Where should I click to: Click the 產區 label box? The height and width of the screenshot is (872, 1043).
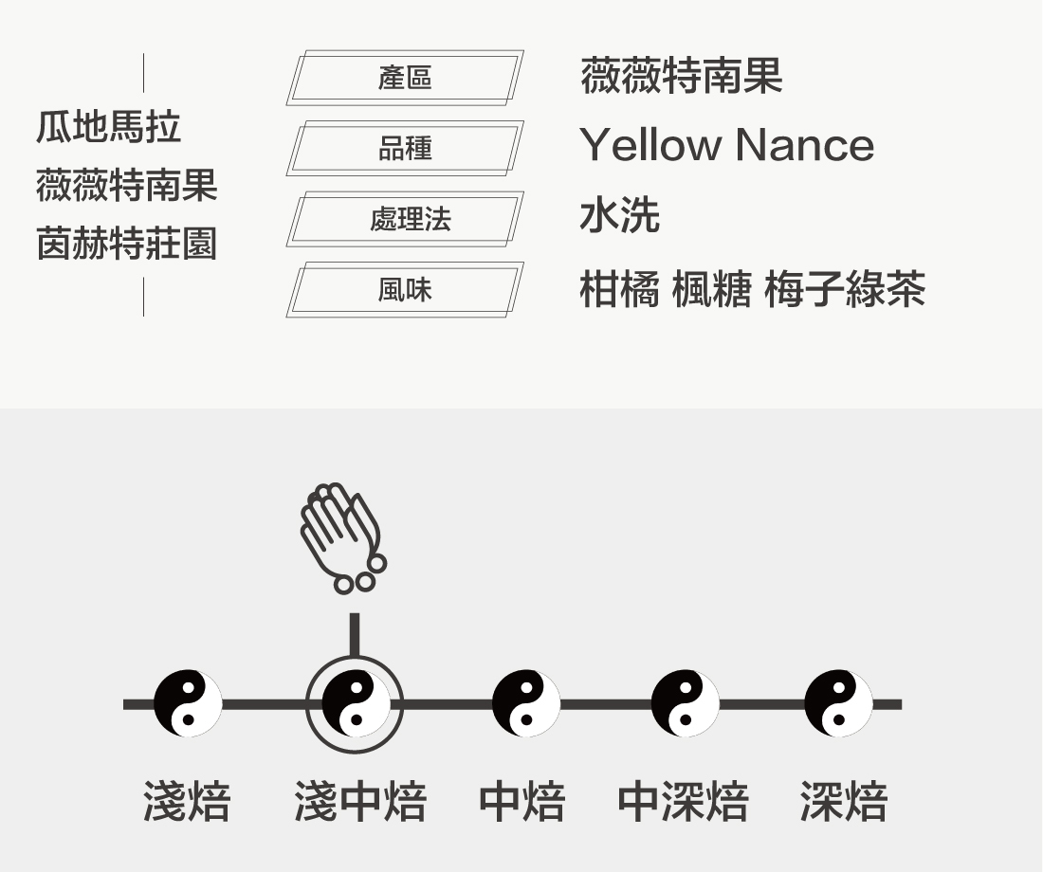click(x=405, y=78)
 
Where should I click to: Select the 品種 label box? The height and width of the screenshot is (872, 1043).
click(x=405, y=148)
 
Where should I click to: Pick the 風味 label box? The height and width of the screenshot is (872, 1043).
click(x=405, y=289)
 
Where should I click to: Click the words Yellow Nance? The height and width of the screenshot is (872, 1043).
click(x=726, y=145)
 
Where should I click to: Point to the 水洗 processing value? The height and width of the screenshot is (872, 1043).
click(x=619, y=216)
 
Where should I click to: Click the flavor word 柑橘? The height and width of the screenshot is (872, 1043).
click(x=618, y=289)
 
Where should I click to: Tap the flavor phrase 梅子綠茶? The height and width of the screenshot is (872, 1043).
click(x=844, y=289)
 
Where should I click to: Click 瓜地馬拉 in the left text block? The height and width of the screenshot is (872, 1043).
click(x=108, y=126)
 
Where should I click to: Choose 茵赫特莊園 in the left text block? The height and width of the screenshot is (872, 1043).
click(x=126, y=244)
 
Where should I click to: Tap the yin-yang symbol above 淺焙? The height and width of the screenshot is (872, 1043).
click(x=188, y=703)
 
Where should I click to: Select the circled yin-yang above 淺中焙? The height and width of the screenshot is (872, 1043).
click(x=355, y=703)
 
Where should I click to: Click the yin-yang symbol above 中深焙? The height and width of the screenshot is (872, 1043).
click(x=685, y=703)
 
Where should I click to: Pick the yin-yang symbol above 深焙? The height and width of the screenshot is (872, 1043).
click(x=838, y=703)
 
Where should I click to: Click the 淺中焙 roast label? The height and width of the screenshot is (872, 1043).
click(x=360, y=802)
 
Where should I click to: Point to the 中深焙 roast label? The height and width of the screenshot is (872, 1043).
click(x=683, y=802)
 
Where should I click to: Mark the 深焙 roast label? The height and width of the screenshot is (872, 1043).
click(x=843, y=802)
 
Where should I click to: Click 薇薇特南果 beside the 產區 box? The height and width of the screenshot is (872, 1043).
click(x=681, y=76)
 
